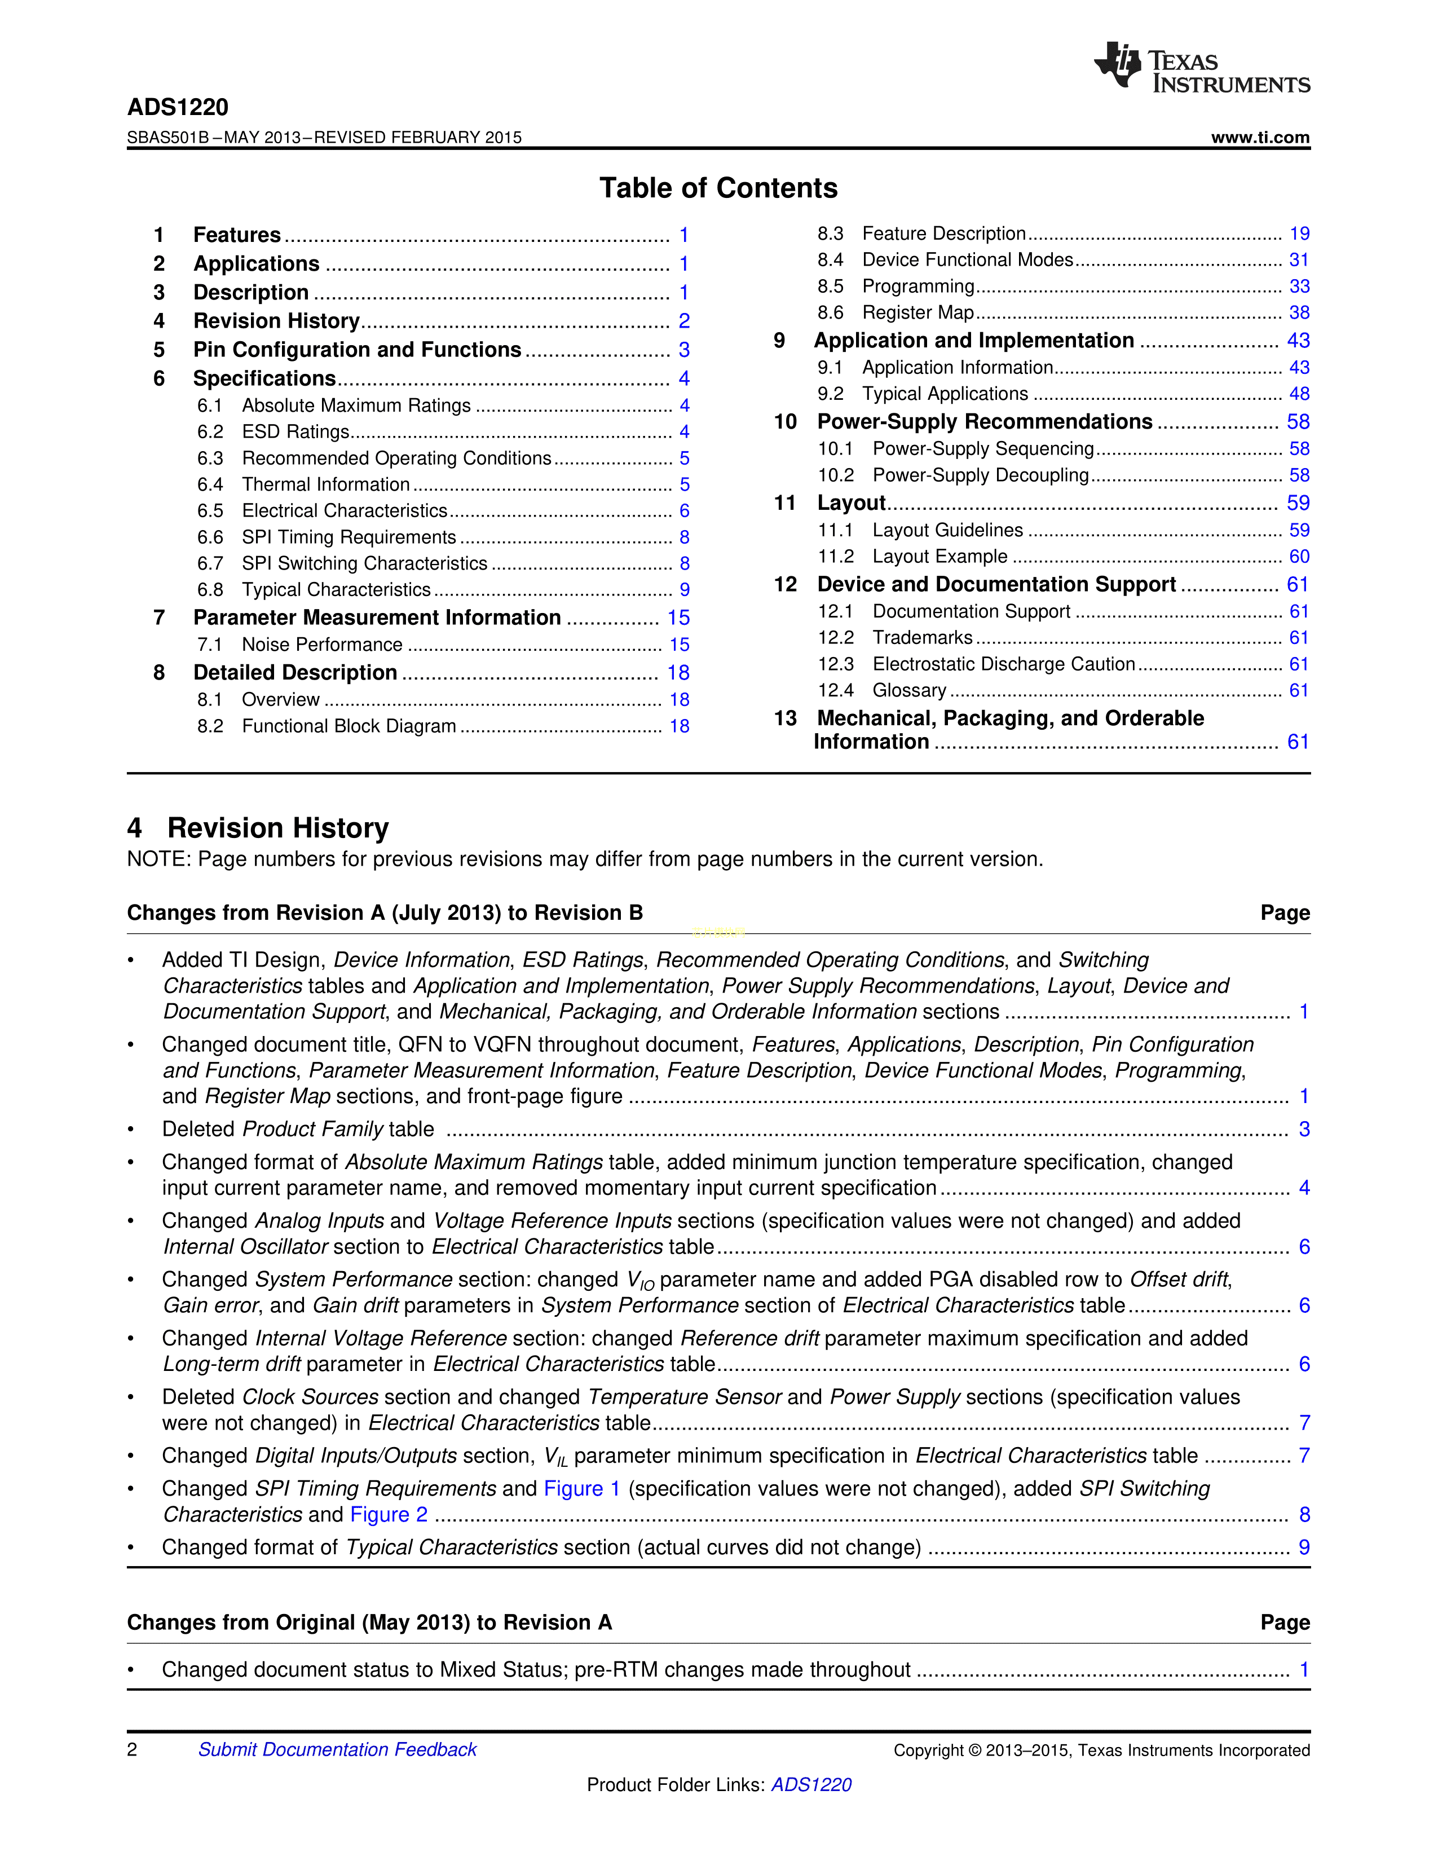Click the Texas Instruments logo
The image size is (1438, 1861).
pos(1201,67)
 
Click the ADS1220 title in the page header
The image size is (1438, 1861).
pos(178,107)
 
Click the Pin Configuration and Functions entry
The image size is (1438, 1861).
pos(357,350)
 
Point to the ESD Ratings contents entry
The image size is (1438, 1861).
pos(295,432)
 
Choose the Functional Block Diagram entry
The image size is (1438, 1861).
pos(349,726)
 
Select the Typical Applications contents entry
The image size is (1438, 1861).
pos(945,394)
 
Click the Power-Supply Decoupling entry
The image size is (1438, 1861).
pos(981,475)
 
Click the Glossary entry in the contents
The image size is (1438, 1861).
pos(909,690)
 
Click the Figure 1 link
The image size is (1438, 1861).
pos(582,1489)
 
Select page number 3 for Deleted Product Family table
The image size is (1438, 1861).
pos(1303,1129)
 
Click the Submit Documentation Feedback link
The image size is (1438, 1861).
pos(337,1749)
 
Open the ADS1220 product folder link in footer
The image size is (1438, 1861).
pos(811,1784)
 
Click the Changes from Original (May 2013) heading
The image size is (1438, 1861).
pos(369,1622)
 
